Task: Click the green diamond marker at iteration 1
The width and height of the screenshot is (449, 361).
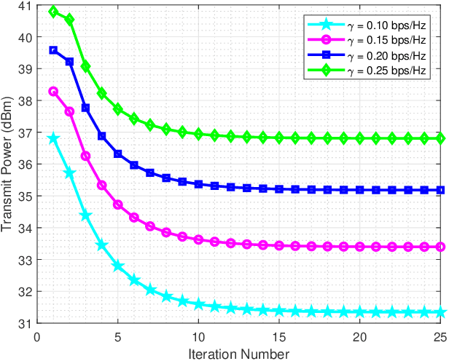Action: click(53, 12)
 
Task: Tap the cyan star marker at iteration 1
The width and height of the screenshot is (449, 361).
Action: click(53, 138)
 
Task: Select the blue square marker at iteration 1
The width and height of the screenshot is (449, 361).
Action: click(53, 50)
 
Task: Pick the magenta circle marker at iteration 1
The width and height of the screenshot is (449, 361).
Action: click(53, 92)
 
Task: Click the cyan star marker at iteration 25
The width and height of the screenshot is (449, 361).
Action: click(441, 312)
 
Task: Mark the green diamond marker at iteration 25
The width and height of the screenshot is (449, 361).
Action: click(441, 138)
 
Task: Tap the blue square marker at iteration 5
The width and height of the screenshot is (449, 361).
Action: click(118, 154)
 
